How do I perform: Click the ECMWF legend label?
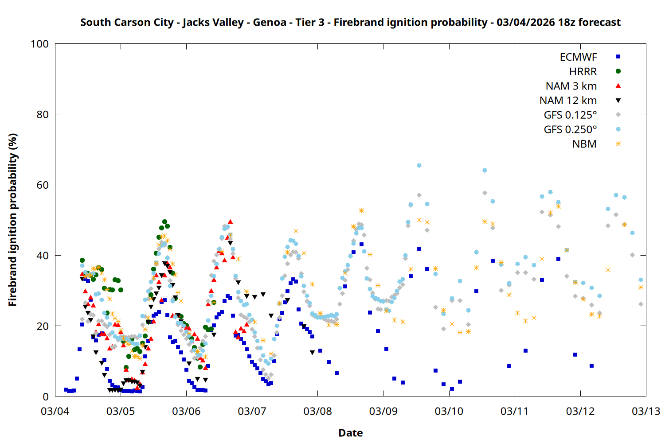tap(578, 57)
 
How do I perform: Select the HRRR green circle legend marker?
tap(618, 71)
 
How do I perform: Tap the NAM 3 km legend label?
tap(571, 86)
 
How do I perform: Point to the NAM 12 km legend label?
tap(568, 101)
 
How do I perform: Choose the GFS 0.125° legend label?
tap(570, 115)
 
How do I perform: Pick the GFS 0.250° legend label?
tap(570, 130)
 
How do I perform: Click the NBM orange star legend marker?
tap(618, 144)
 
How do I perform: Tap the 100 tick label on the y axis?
tap(39, 44)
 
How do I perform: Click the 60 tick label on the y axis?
tap(43, 185)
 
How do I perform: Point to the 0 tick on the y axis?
tap(46, 397)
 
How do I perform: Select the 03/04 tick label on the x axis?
tap(55, 411)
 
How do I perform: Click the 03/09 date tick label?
tap(383, 411)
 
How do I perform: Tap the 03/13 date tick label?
tap(646, 411)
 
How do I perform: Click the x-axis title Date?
tap(350, 433)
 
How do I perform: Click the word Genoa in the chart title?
tap(270, 23)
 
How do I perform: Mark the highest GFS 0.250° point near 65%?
tap(419, 166)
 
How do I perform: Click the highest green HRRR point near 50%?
tap(164, 221)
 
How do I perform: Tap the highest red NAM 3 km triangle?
tap(230, 221)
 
